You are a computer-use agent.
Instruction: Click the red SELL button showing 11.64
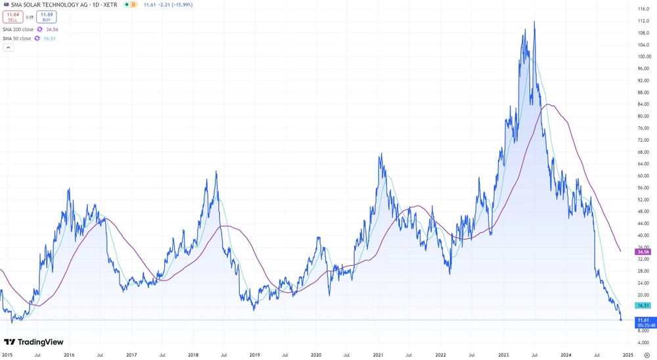[13, 17]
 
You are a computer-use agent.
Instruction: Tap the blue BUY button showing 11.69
[47, 17]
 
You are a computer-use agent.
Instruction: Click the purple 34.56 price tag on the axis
[643, 252]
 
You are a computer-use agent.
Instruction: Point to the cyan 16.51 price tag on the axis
[643, 305]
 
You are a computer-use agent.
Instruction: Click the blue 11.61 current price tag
[643, 320]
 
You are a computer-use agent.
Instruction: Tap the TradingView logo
[34, 342]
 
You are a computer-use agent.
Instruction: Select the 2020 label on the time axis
[316, 355]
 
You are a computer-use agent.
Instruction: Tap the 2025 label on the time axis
[627, 355]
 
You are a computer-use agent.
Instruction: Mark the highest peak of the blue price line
[534, 22]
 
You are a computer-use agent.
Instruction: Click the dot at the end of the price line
[621, 320]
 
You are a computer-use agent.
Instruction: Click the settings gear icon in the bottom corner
[647, 355]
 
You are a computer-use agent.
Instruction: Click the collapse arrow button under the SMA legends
[9, 47]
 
